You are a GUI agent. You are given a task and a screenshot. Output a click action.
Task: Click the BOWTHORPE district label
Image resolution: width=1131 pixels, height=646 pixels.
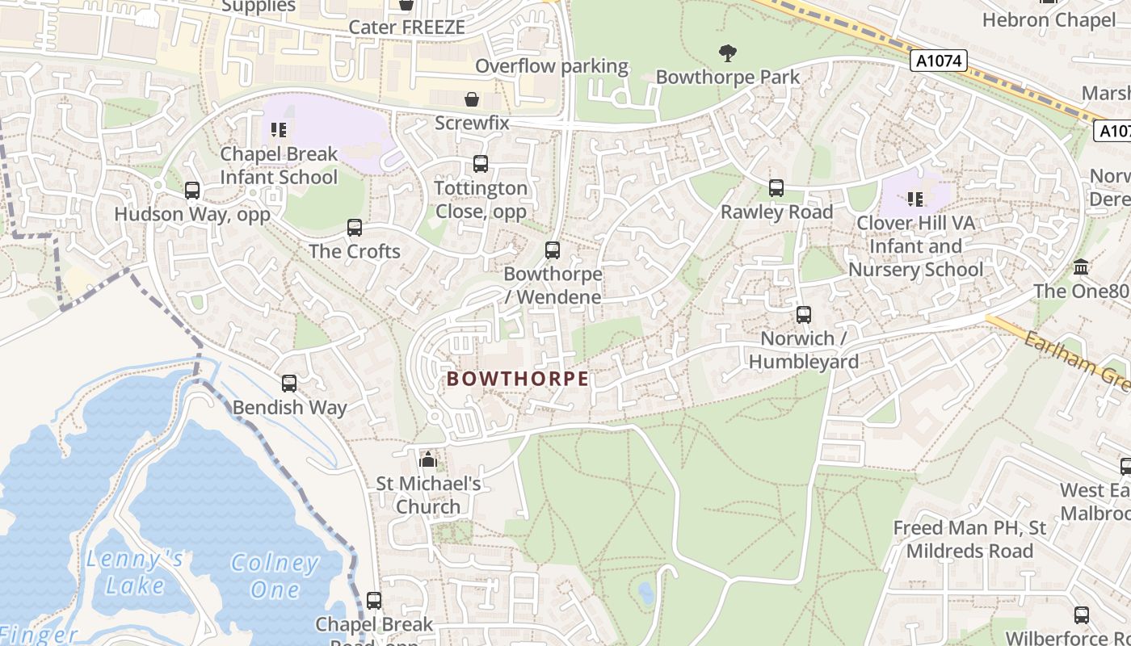(518, 379)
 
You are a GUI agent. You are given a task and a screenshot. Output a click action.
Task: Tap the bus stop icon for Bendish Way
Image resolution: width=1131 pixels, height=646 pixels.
(289, 384)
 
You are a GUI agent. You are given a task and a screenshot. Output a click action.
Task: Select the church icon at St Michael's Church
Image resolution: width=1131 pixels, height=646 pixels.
(428, 460)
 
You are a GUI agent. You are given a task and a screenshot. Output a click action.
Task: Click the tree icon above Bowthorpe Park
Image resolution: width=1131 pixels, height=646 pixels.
(728, 53)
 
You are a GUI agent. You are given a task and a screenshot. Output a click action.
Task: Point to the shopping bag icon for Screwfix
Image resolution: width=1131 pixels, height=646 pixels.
(472, 99)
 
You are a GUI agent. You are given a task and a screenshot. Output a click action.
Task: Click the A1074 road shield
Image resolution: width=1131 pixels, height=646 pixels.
(938, 61)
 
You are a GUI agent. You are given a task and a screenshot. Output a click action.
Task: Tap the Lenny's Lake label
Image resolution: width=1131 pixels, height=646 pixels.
(135, 572)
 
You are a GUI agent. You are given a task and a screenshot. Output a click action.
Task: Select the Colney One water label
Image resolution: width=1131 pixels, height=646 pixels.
(275, 576)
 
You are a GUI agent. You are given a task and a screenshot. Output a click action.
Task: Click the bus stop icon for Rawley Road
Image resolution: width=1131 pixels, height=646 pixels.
(776, 188)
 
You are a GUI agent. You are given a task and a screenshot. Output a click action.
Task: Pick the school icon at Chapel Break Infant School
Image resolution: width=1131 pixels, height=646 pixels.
(279, 129)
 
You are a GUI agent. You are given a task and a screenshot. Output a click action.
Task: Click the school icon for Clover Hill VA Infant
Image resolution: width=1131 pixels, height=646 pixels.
(915, 199)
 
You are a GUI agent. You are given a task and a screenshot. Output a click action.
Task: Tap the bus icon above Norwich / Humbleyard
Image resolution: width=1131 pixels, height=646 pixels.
(803, 315)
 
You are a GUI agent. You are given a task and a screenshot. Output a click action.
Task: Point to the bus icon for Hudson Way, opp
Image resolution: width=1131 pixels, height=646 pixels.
(192, 191)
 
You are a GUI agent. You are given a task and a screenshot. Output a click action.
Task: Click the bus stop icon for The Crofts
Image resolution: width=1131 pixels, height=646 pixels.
(355, 228)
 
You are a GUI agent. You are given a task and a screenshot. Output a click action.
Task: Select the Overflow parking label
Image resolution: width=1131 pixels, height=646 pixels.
(552, 66)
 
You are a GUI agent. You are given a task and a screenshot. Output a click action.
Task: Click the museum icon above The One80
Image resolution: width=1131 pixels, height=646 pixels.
(1081, 267)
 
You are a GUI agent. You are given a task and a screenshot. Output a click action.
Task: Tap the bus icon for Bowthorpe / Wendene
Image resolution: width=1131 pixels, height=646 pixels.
(553, 250)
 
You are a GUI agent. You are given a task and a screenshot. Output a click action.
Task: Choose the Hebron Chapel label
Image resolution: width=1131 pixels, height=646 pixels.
(1048, 19)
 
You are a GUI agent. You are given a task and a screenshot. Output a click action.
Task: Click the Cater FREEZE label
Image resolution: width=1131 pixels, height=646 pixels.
(406, 27)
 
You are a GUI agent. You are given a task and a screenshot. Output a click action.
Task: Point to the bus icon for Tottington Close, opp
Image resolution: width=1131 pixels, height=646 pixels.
(481, 164)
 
